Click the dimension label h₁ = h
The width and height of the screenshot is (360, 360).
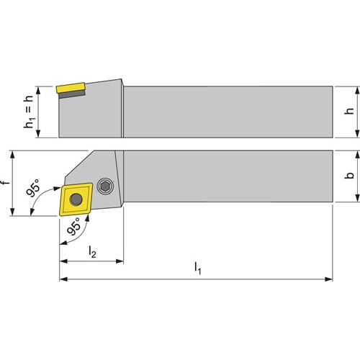click(x=29, y=112)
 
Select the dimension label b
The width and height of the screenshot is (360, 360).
click(x=349, y=175)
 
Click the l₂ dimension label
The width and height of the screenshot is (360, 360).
click(x=92, y=252)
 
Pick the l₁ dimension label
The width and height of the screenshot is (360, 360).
click(x=198, y=268)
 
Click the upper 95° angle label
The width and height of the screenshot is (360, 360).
click(x=34, y=187)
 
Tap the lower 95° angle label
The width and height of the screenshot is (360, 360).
click(x=74, y=226)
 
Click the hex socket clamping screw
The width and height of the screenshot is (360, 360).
click(x=105, y=186)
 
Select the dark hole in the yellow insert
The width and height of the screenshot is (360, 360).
click(x=76, y=199)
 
